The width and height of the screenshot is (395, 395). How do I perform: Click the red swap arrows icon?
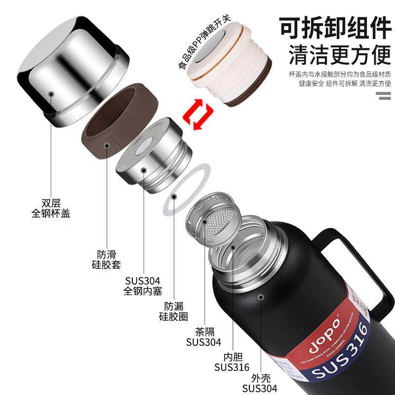(195, 114)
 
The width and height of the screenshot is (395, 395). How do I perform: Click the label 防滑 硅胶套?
(106, 259)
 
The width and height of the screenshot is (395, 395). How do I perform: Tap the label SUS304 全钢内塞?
(143, 285)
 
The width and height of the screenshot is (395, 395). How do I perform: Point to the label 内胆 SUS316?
(232, 361)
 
